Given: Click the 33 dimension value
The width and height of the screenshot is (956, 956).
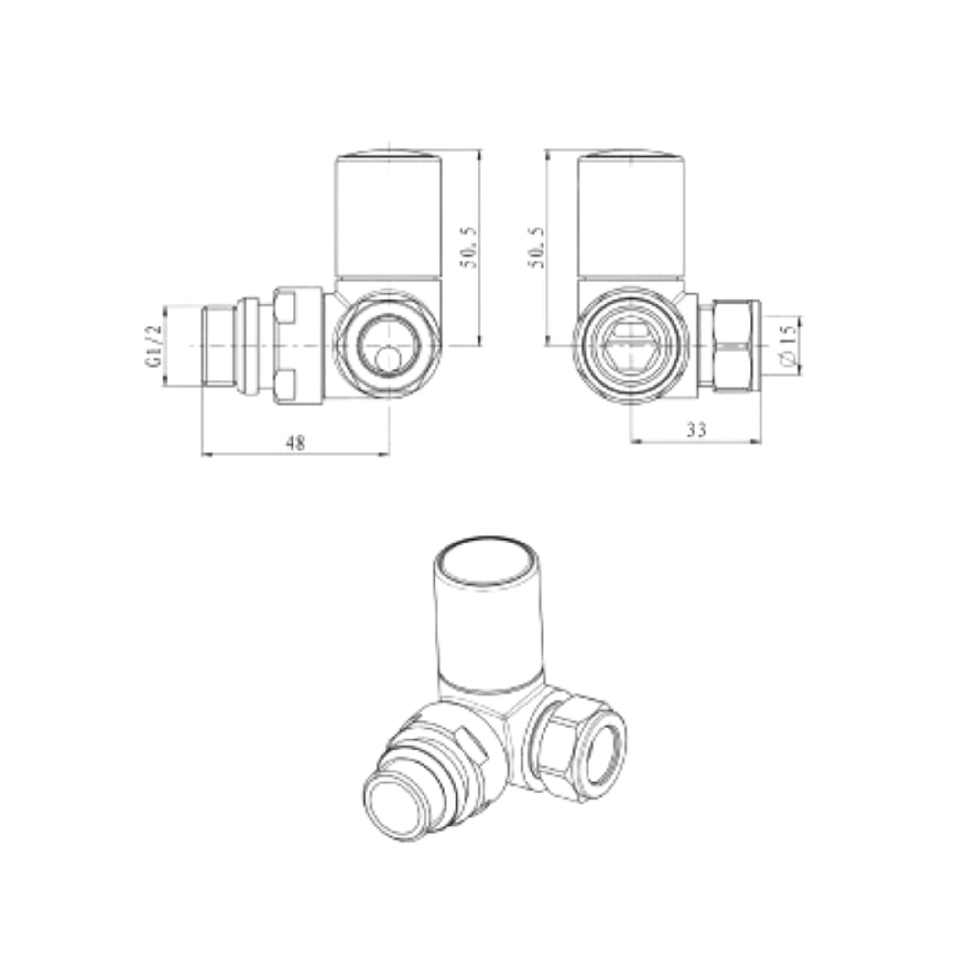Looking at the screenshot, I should (697, 430).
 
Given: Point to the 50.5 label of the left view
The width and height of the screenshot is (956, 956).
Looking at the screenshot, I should (468, 248).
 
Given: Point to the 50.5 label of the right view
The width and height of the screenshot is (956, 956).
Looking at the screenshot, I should (536, 248).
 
